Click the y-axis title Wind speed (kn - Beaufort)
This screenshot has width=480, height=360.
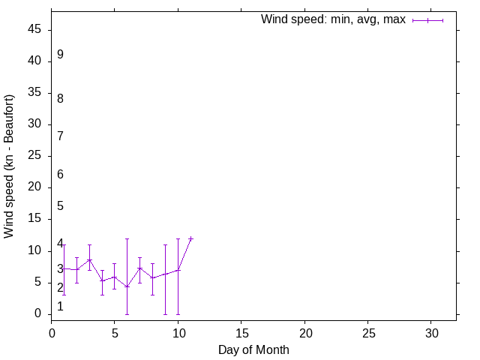click(x=9, y=166)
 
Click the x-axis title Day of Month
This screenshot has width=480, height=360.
click(x=253, y=349)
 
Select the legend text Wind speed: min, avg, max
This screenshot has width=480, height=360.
click(x=333, y=19)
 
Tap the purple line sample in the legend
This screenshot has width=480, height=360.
click(x=428, y=20)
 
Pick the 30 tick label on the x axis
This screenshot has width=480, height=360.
click(x=431, y=331)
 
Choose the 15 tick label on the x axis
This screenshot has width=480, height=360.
click(x=241, y=331)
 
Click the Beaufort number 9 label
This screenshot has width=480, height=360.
click(x=60, y=55)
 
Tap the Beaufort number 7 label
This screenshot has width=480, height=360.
click(x=60, y=136)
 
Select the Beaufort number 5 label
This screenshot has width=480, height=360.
click(x=60, y=205)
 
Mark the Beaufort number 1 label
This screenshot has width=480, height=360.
click(x=60, y=306)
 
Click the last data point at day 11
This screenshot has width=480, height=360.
click(x=190, y=238)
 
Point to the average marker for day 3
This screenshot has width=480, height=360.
click(x=89, y=260)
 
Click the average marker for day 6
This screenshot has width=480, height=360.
click(x=127, y=286)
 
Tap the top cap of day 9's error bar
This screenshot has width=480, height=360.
click(x=165, y=245)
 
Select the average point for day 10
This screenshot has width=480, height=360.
click(x=178, y=270)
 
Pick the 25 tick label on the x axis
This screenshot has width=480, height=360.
click(x=368, y=331)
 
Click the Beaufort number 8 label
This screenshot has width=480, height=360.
click(x=60, y=98)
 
